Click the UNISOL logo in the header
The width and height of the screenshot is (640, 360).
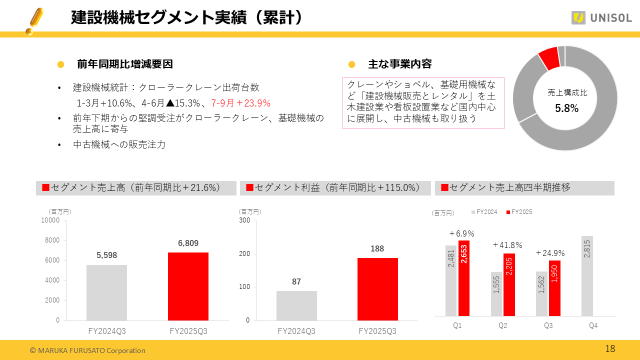[x=601, y=18]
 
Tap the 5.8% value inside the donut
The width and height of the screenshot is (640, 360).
[x=566, y=108]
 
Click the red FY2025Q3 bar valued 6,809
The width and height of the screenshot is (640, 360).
[x=188, y=286]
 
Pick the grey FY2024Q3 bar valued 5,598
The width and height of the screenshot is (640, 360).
[x=106, y=292]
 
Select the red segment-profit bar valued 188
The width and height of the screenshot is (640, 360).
[x=377, y=289]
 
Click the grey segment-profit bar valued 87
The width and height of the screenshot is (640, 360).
[x=296, y=305]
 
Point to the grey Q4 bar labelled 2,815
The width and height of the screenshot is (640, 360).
[x=587, y=276]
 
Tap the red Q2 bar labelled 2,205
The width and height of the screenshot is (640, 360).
[x=509, y=284]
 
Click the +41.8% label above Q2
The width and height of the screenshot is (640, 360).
[x=507, y=245]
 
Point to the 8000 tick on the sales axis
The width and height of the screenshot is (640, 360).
[x=51, y=240]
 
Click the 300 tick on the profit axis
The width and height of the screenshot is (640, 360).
[x=244, y=220]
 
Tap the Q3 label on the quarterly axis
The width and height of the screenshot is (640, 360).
[x=548, y=325]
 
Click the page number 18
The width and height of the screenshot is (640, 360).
[x=610, y=349]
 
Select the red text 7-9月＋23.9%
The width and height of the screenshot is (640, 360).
[x=240, y=103]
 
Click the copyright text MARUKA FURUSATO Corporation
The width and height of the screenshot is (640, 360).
[x=87, y=350]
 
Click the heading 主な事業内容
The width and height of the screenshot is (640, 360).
[x=399, y=64]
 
